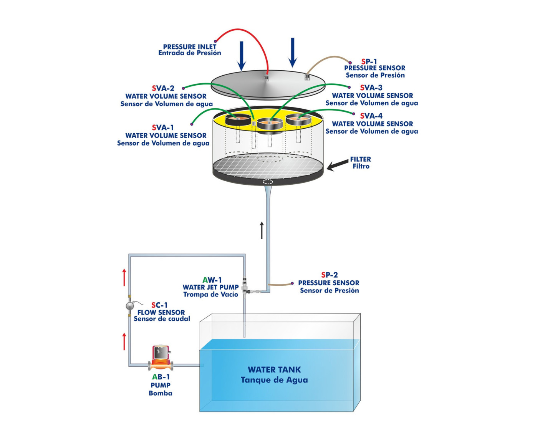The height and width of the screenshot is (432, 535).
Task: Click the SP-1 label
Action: tap(369, 61)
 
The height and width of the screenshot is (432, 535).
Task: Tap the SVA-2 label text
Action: tap(163, 88)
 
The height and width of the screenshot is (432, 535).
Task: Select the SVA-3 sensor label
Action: tap(371, 88)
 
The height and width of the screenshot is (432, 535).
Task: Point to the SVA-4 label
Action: tap(371, 116)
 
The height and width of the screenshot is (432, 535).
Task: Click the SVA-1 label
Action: tap(163, 127)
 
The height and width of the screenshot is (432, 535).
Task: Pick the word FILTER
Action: tap(360, 159)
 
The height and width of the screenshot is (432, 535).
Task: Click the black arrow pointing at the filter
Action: tap(338, 165)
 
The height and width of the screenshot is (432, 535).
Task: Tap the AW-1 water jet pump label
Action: tap(212, 280)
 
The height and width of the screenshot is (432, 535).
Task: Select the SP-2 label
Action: tap(330, 275)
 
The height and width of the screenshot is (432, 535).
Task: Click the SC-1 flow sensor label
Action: tap(159, 305)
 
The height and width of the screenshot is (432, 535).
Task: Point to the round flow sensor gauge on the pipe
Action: tap(130, 306)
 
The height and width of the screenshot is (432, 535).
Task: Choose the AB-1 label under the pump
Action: tap(161, 377)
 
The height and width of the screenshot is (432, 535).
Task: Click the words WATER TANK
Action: tap(274, 369)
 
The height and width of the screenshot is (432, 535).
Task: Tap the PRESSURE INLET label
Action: tap(190, 46)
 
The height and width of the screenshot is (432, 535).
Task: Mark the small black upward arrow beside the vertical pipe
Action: tap(262, 230)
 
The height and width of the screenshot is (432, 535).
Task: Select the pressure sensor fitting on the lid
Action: tap(307, 77)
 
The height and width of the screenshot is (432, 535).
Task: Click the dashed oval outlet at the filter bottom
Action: tap(268, 181)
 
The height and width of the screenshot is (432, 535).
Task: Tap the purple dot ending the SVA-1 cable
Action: tap(192, 124)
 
